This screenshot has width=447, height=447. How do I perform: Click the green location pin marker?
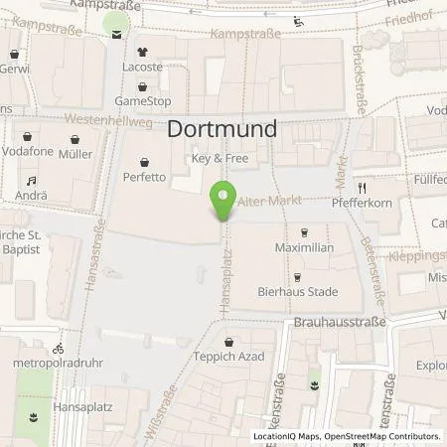(223, 199)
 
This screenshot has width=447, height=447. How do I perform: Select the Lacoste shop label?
(143, 67)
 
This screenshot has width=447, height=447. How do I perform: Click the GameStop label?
(143, 101)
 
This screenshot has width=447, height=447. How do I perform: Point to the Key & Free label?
(219, 158)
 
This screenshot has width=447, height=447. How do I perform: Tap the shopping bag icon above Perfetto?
(145, 159)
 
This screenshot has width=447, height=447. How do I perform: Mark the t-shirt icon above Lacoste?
(143, 50)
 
